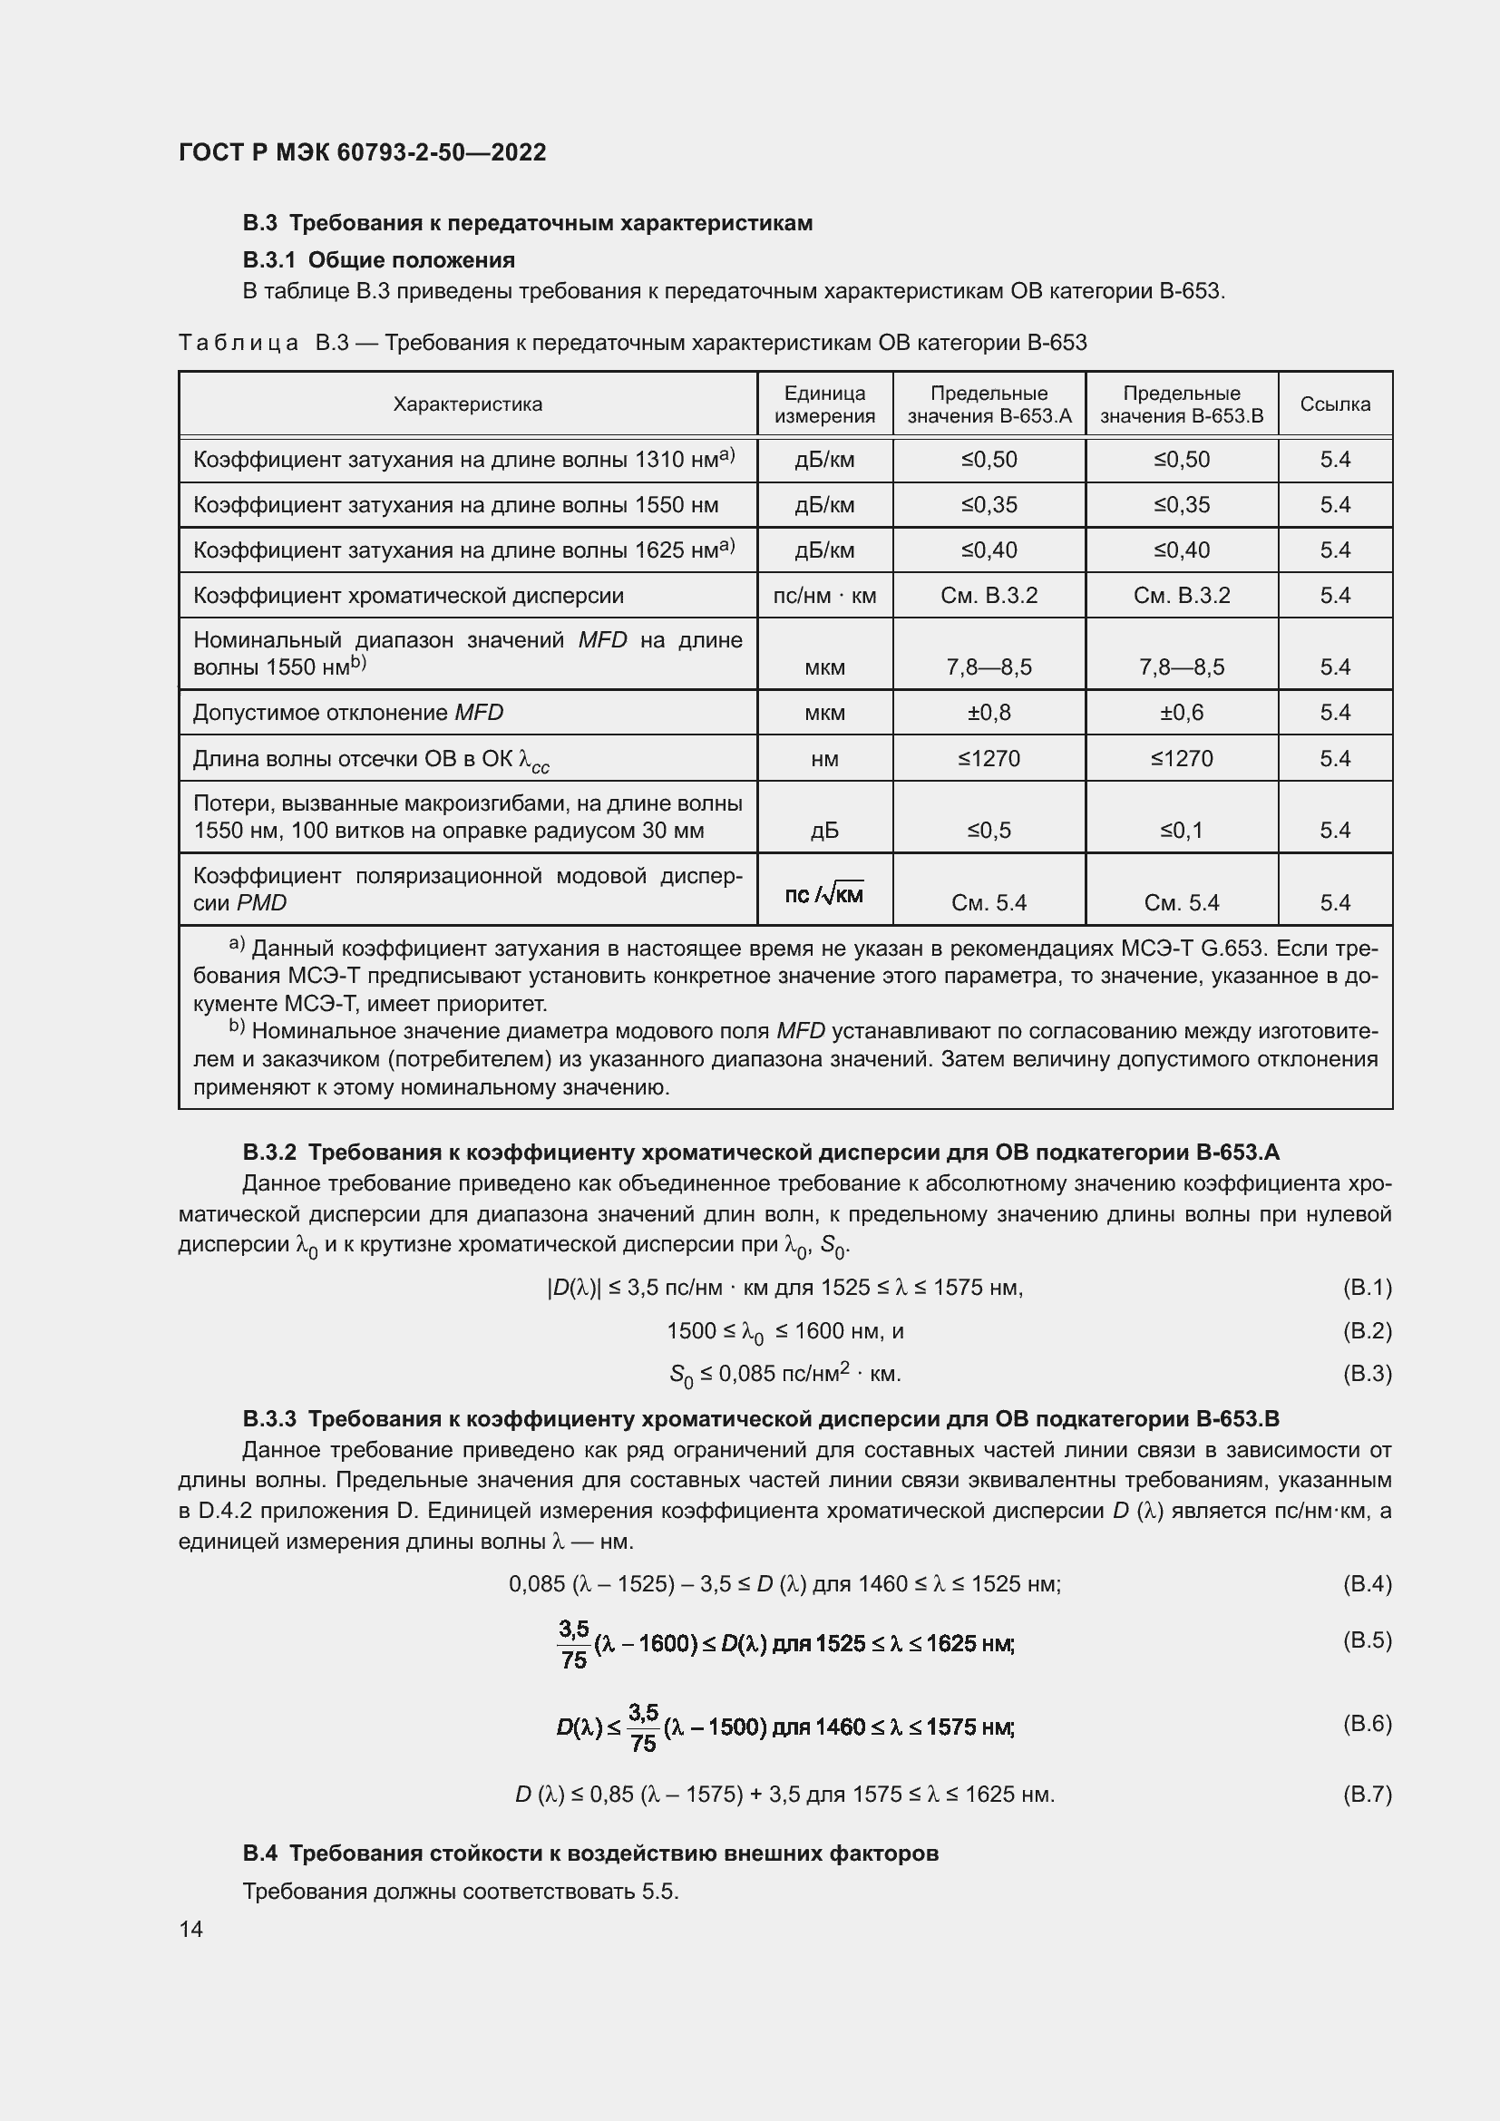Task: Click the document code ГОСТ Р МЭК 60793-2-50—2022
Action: pyautogui.click(x=362, y=152)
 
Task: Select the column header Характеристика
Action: pyautogui.click(x=467, y=404)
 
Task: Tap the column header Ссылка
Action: pyautogui.click(x=1335, y=404)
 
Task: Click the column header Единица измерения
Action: pyautogui.click(x=823, y=404)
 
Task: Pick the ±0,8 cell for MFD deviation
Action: pyautogui.click(x=989, y=712)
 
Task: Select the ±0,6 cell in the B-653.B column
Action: pyautogui.click(x=1182, y=712)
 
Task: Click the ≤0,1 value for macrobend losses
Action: pyautogui.click(x=1182, y=830)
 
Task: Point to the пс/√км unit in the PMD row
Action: pyautogui.click(x=823, y=893)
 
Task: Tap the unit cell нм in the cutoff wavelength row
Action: pyautogui.click(x=823, y=758)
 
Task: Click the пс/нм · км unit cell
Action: pyautogui.click(x=823, y=595)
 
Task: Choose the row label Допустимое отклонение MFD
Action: pyautogui.click(x=348, y=712)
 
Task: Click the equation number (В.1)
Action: pyautogui.click(x=1366, y=1287)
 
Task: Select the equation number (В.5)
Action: pyautogui.click(x=1366, y=1639)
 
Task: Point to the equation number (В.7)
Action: pyautogui.click(x=1366, y=1794)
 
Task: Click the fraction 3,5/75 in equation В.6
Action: pyautogui.click(x=643, y=1727)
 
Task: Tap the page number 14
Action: pyautogui.click(x=191, y=1929)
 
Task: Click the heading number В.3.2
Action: pyautogui.click(x=269, y=1152)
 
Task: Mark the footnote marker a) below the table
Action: pyautogui.click(x=237, y=944)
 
